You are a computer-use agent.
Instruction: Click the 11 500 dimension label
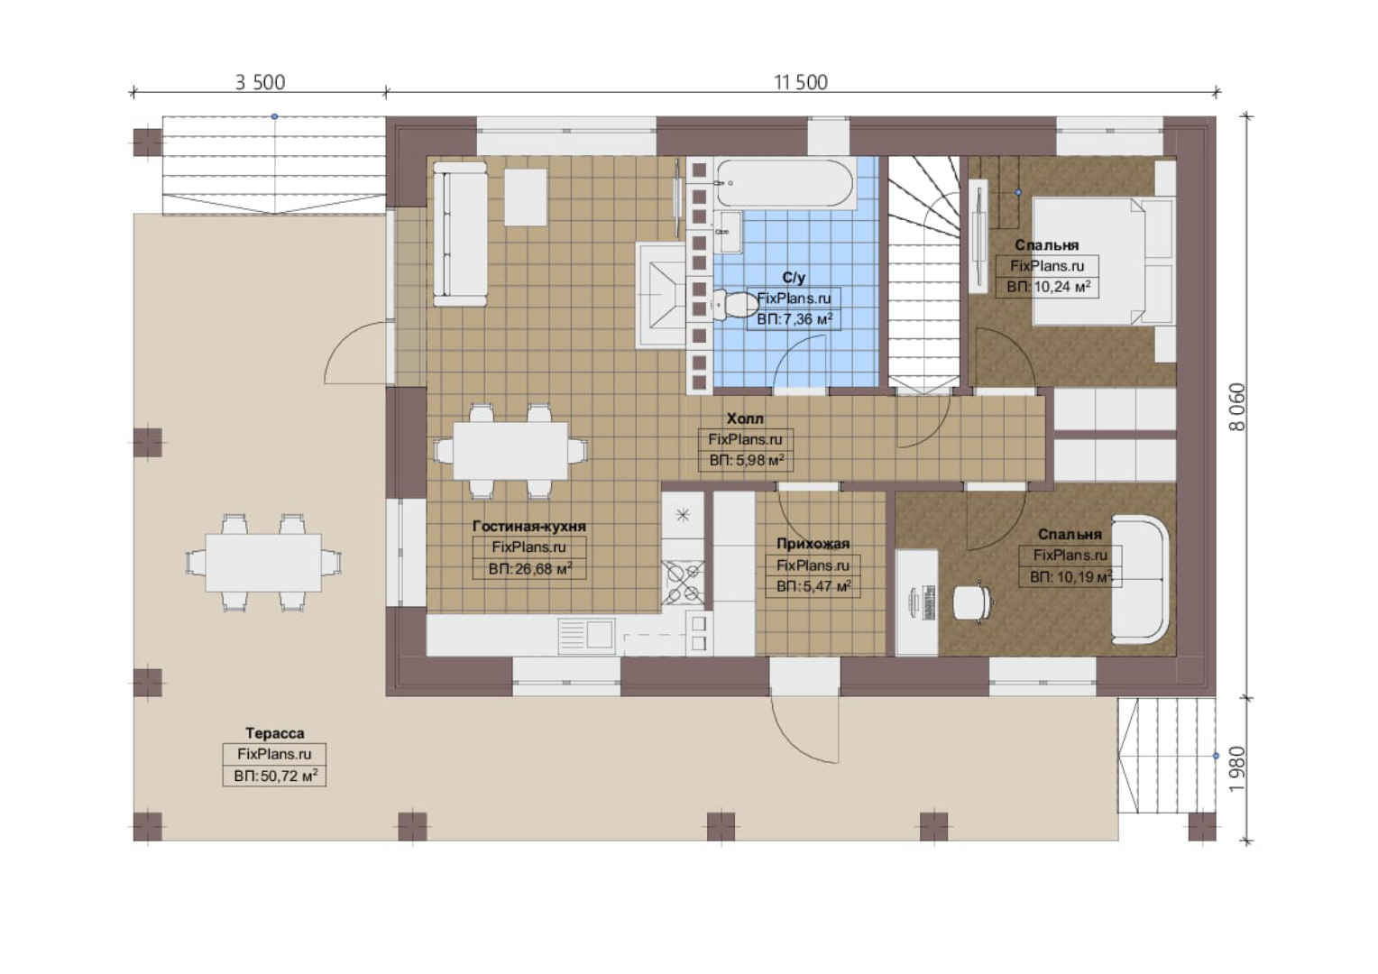(x=800, y=82)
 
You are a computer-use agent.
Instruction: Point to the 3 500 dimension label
(x=261, y=82)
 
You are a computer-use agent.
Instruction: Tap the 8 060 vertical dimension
(x=1237, y=407)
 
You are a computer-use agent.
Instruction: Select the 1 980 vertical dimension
(x=1237, y=769)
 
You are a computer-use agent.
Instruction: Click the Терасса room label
(x=274, y=733)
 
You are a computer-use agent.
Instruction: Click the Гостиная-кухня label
(x=529, y=526)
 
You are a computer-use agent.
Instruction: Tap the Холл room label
(x=745, y=418)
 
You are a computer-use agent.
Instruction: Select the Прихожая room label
(x=813, y=543)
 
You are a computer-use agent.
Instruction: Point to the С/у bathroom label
(x=794, y=278)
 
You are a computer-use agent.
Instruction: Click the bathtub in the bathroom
(x=785, y=183)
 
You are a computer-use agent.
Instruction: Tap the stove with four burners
(x=683, y=582)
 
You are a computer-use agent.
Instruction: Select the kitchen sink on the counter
(x=586, y=636)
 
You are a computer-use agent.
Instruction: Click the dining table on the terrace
(x=263, y=563)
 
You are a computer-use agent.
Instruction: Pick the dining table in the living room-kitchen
(x=510, y=450)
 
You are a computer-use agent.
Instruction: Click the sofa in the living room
(x=460, y=234)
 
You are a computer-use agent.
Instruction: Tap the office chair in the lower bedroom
(x=972, y=602)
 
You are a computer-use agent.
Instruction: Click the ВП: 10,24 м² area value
(x=1048, y=287)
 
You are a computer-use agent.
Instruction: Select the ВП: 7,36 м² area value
(x=795, y=319)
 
